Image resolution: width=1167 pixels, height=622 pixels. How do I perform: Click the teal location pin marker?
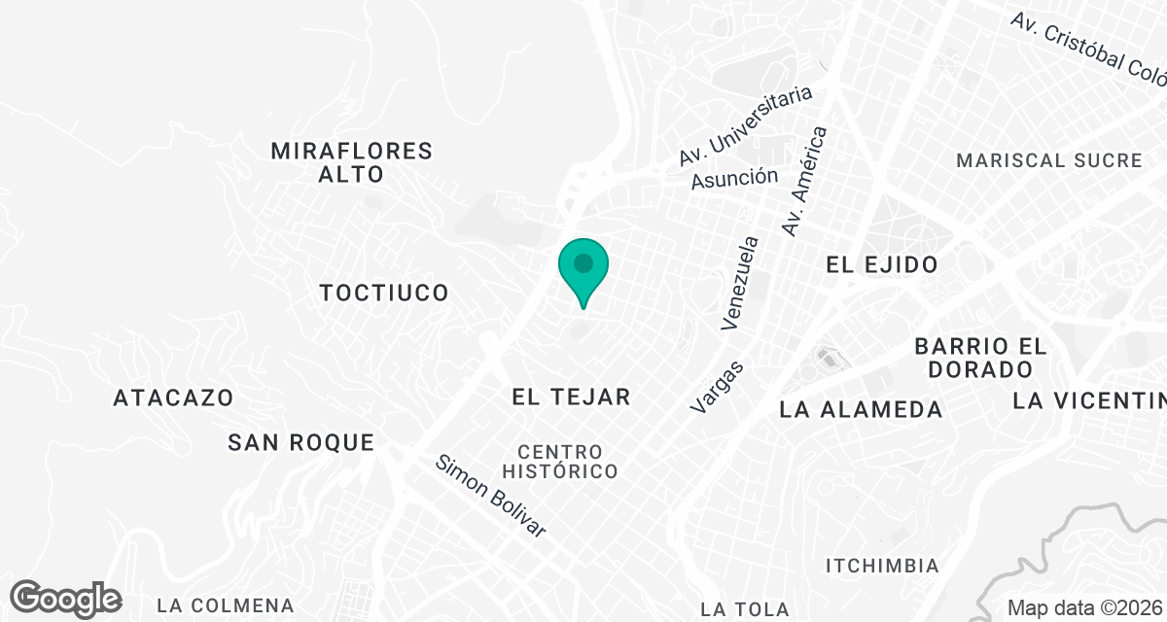pos(583,268)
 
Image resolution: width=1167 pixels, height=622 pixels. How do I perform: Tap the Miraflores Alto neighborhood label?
pos(351,162)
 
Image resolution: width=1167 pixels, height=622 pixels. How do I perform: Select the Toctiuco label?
pos(384,293)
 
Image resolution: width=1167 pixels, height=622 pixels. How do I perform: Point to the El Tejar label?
pos(572,397)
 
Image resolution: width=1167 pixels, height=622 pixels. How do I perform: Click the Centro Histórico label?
pos(568,462)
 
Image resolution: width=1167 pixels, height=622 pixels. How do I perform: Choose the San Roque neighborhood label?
pos(301,443)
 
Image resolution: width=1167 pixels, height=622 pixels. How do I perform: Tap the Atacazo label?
pos(173,397)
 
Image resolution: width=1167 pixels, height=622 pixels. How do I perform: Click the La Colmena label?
pos(225,606)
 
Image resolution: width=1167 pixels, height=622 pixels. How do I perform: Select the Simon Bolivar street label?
pos(491,496)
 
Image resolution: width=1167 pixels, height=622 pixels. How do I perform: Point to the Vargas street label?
pos(718,387)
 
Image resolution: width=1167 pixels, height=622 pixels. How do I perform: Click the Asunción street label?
pos(734,178)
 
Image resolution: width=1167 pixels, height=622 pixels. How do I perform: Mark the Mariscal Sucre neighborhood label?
pos(1049,160)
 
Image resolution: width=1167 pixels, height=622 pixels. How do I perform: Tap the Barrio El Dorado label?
pos(980,358)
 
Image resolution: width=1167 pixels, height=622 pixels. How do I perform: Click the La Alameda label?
pos(861,410)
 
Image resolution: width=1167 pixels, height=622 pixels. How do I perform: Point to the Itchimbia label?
pos(882,566)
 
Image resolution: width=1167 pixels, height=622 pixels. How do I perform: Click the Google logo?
pos(66,598)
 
